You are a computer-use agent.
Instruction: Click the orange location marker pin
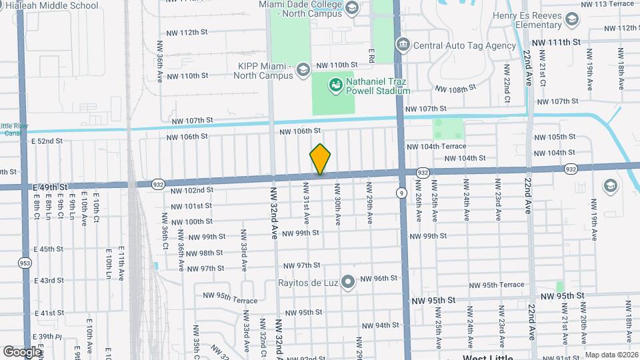(321, 160)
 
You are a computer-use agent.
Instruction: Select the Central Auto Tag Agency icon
(403, 45)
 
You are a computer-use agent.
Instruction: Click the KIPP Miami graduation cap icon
(303, 69)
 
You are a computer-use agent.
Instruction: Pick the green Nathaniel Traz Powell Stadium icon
(335, 85)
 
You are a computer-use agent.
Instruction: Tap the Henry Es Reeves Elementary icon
(571, 21)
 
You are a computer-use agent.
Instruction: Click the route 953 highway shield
(25, 263)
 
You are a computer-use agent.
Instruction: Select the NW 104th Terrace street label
(437, 146)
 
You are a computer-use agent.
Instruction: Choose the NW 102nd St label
(191, 190)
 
